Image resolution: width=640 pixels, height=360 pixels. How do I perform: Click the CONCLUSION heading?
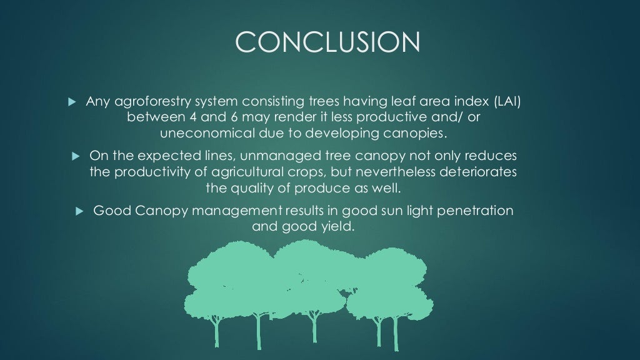(x=327, y=42)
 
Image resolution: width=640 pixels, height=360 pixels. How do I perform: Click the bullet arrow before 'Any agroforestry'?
(x=71, y=101)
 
